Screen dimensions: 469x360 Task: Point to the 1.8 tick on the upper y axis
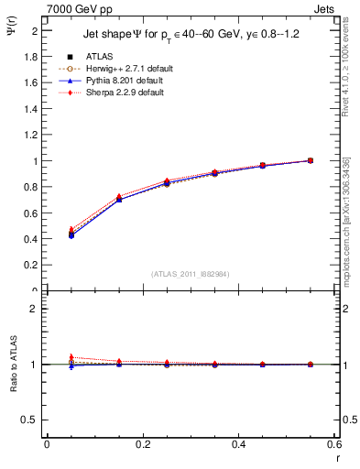click(30, 56)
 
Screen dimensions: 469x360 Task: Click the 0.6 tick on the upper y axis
click(30, 213)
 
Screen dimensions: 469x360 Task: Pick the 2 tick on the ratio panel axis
click(34, 309)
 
